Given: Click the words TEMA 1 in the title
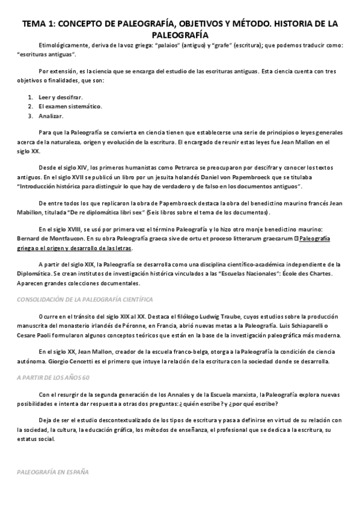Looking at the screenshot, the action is pos(40,24).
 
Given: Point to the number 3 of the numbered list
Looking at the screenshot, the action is pos(31,116).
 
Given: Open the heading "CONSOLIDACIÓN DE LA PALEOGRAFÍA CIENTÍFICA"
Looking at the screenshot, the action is pos(85,300).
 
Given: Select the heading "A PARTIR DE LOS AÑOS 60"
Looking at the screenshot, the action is pos(53,377).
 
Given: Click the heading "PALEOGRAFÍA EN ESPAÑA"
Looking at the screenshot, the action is pos(53,472).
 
